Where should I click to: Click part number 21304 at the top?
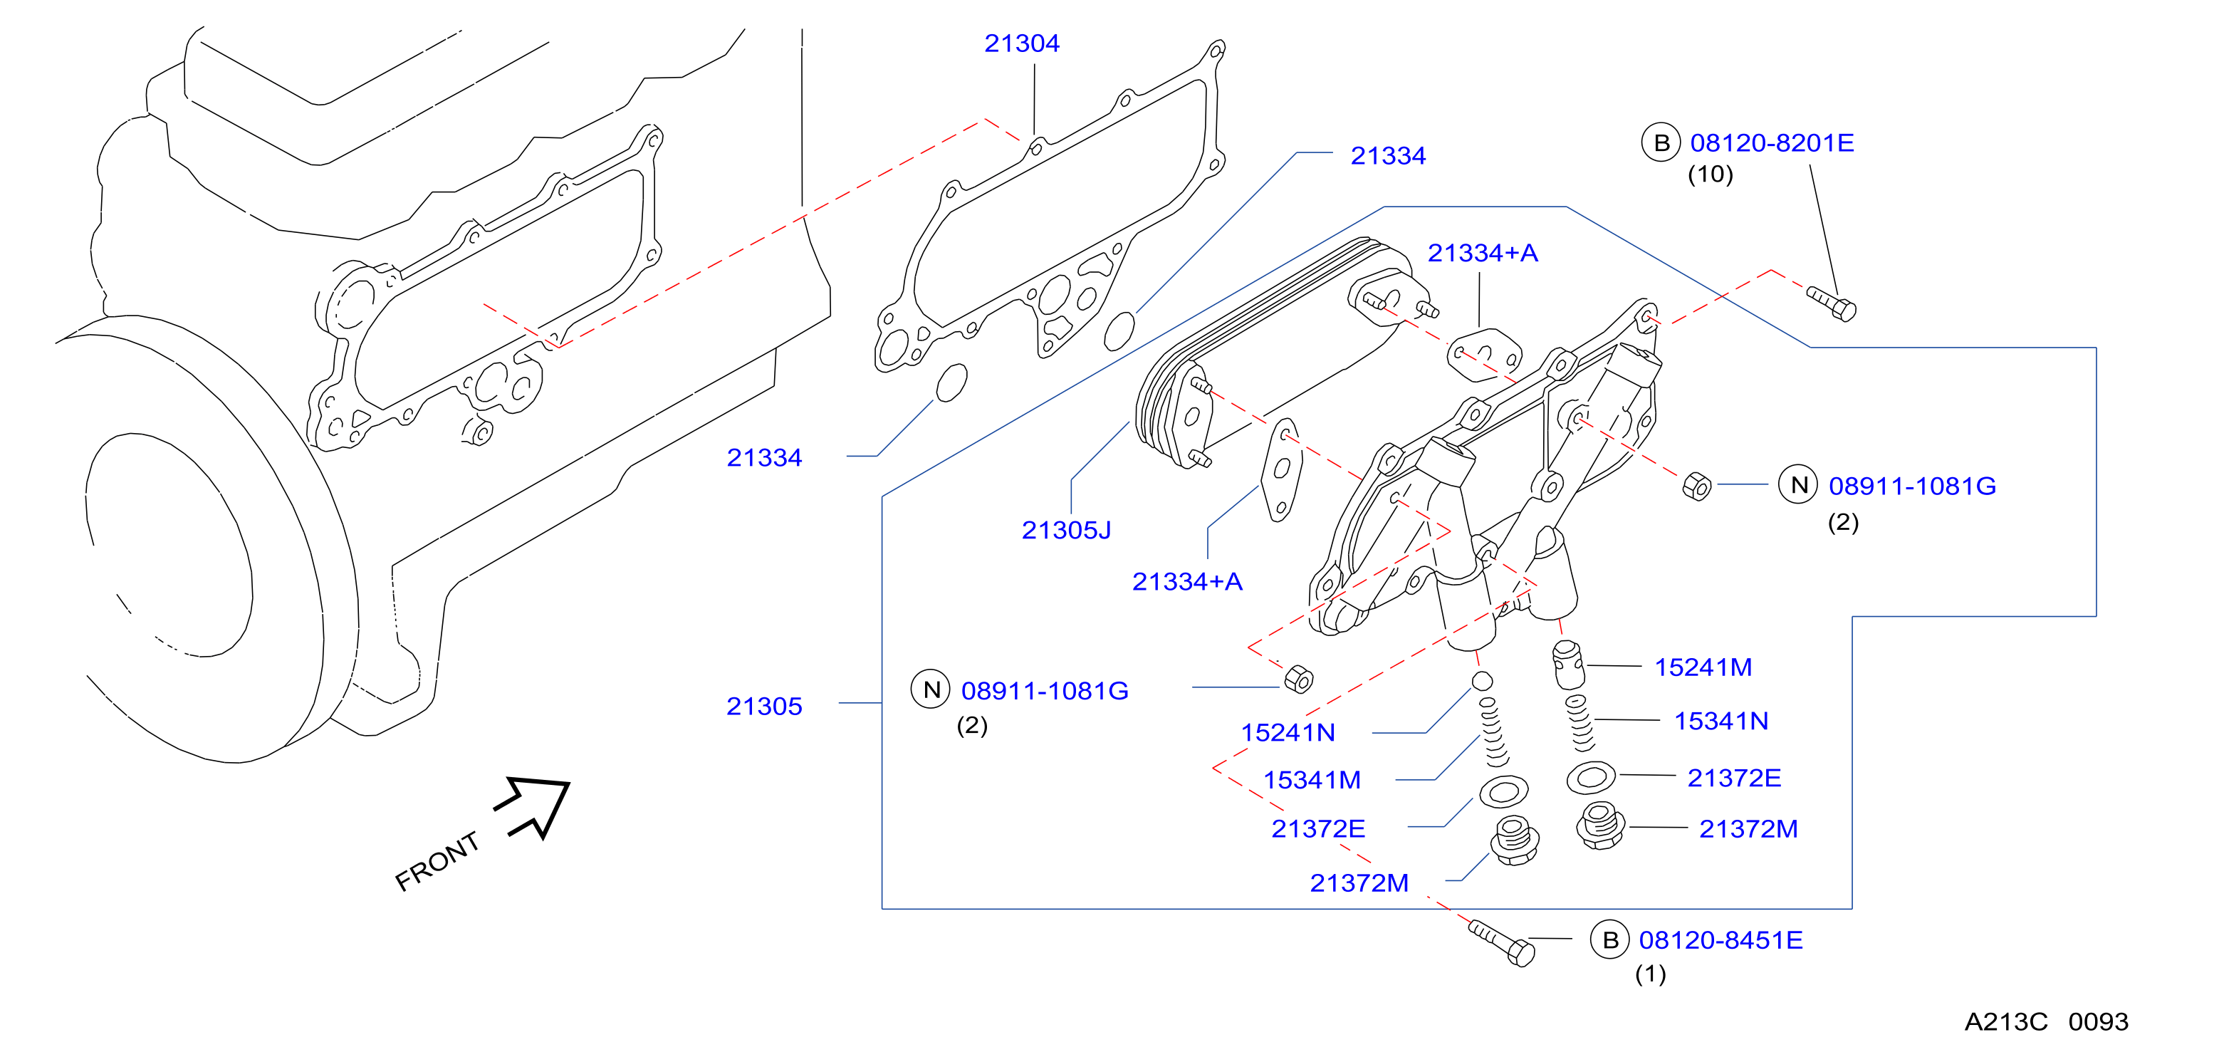tap(1021, 43)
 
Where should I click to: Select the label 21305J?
tap(1066, 529)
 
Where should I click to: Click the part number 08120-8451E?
tap(1720, 939)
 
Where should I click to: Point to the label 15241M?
tap(1703, 667)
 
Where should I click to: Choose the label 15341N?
tap(1720, 720)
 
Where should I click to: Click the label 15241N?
tap(1288, 732)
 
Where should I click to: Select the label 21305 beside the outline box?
tap(764, 706)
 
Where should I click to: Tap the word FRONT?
tap(437, 861)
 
